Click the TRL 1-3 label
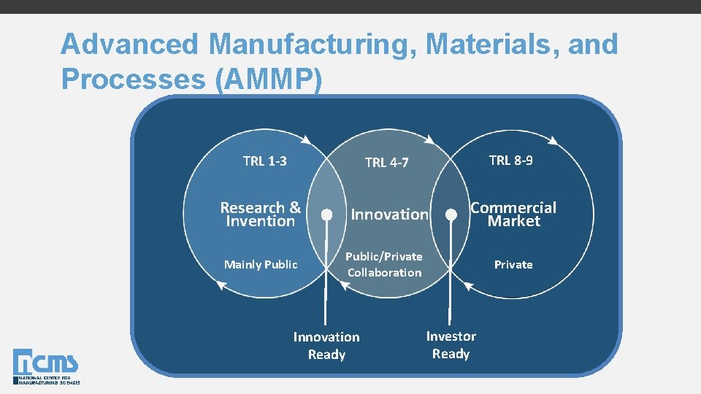[x=264, y=161]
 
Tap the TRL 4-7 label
[x=386, y=163]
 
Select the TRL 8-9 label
[x=510, y=161]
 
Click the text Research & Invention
[x=261, y=215]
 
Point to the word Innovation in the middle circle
[x=389, y=215]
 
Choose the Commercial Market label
[x=513, y=215]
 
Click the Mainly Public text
[x=261, y=264]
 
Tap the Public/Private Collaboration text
[x=384, y=264]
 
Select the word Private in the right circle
[x=513, y=264]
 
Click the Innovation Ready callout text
[x=326, y=346]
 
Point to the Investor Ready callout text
[x=451, y=345]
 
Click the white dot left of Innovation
[x=327, y=215]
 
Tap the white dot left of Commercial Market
[x=452, y=215]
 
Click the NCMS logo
[x=45, y=366]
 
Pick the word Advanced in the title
[x=129, y=45]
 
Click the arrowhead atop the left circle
[x=311, y=141]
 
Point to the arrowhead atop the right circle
[x=556, y=140]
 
